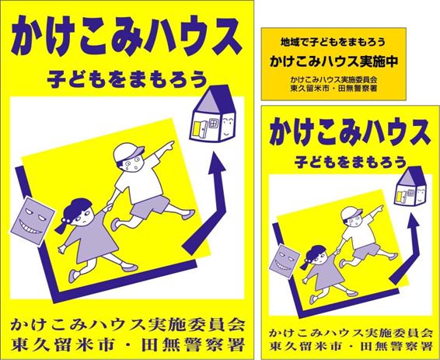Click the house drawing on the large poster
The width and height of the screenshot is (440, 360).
[213, 114]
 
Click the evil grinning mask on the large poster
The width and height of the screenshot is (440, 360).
[32, 221]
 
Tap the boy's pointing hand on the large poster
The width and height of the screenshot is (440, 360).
[169, 145]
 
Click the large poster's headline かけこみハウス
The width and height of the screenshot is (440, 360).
[127, 37]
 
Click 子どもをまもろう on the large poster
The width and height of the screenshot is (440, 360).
[127, 79]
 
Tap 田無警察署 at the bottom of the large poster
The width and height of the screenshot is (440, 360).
[193, 345]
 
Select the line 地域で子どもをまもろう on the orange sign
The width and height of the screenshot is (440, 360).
[333, 42]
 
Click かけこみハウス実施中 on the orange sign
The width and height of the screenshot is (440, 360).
[334, 61]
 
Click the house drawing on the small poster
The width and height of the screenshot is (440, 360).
[410, 186]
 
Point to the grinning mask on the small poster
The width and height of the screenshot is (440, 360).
[285, 261]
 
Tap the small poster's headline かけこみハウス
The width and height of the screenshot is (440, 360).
[349, 131]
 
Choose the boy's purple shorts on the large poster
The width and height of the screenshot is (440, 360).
[149, 206]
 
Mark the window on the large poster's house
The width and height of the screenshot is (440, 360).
[213, 123]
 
